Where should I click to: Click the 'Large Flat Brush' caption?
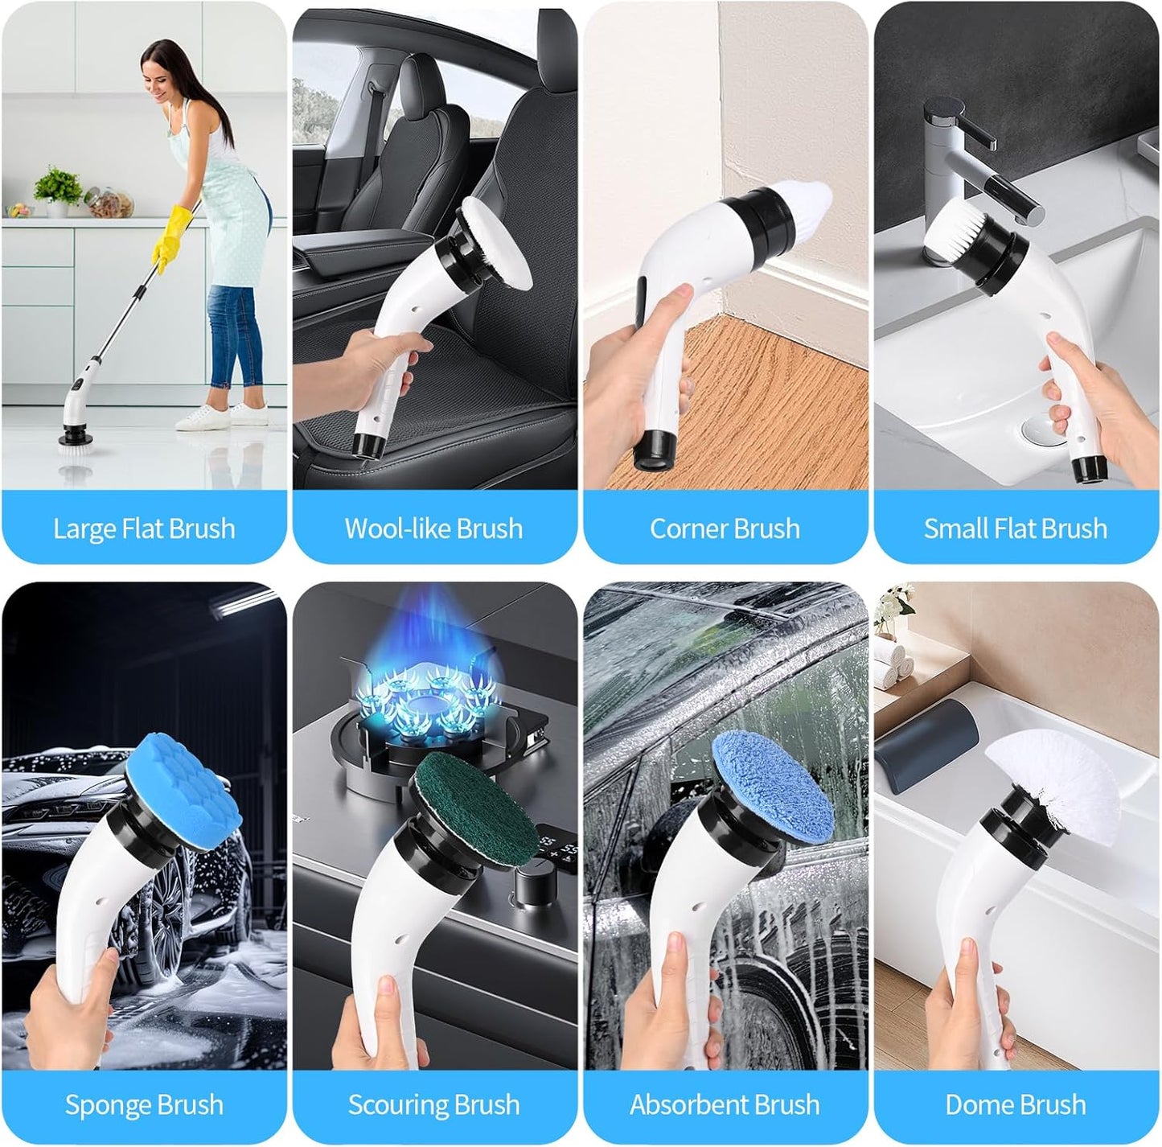coord(144,528)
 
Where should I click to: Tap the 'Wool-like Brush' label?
coord(434,528)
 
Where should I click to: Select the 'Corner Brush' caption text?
coord(725,528)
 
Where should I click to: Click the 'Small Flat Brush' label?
coord(1015,528)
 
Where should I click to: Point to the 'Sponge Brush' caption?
coord(144,1104)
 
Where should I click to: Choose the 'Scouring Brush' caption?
coord(434,1104)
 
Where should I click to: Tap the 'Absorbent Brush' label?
coord(725,1104)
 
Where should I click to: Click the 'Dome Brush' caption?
coord(1015,1104)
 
